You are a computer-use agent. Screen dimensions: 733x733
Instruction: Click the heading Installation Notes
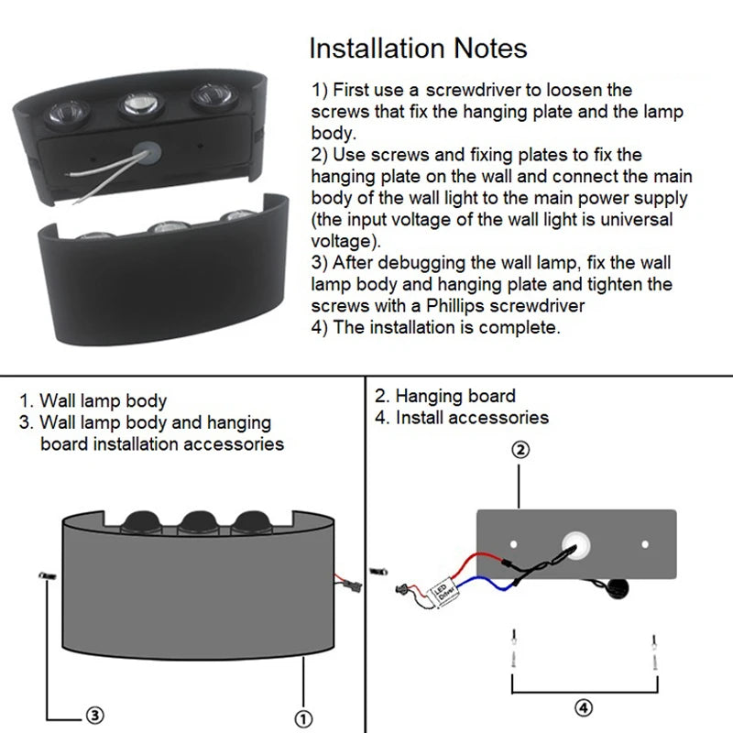tap(418, 49)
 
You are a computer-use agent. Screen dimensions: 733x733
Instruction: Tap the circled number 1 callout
tap(304, 717)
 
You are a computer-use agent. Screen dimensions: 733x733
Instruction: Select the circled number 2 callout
tap(520, 450)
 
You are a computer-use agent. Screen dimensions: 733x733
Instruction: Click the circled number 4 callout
tap(585, 706)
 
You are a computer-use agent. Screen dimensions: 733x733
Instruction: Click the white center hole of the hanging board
tap(578, 544)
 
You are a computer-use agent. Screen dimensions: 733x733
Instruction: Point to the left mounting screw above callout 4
tap(515, 649)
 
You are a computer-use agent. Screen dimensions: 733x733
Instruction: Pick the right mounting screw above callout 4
tap(653, 649)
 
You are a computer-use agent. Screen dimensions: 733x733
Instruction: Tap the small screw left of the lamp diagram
tap(45, 574)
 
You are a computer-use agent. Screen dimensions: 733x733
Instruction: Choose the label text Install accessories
tap(472, 418)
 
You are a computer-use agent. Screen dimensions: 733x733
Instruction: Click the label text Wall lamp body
tap(103, 400)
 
